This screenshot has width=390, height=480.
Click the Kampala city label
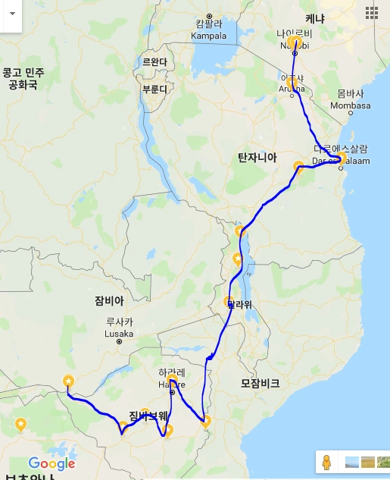click(210, 35)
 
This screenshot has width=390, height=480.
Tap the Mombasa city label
click(354, 105)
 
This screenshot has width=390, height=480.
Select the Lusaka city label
click(120, 333)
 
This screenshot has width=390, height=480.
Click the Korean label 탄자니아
click(257, 157)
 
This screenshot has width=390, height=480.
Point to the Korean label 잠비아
click(108, 300)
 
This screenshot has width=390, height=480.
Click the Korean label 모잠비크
click(260, 384)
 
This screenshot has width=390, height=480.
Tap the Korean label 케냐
click(314, 17)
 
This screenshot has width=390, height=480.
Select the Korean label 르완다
click(154, 62)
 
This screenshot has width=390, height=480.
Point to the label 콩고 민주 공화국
click(23, 78)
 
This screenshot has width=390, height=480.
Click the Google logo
click(51, 463)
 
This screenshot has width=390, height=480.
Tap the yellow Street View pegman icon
click(326, 462)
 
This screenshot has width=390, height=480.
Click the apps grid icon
click(371, 12)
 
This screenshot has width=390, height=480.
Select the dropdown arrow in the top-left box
click(11, 13)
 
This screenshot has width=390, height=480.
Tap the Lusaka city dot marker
click(119, 342)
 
